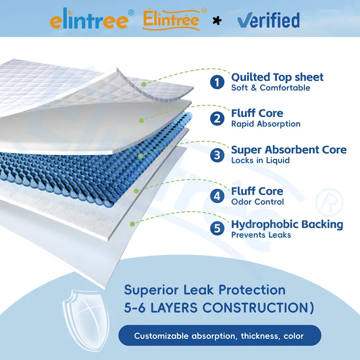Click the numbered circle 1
218,82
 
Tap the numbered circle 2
218,118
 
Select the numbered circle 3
218,155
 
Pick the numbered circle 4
218,196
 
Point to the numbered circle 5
218,229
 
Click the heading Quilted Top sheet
277,77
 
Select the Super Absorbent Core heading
289,150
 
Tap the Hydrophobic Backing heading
287,224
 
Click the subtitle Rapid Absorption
265,124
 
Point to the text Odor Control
257,202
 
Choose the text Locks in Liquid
260,160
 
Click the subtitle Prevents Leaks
261,234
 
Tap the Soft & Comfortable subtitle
270,87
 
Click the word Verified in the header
268,20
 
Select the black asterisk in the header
217,21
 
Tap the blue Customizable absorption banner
220,336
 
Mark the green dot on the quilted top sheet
144,84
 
